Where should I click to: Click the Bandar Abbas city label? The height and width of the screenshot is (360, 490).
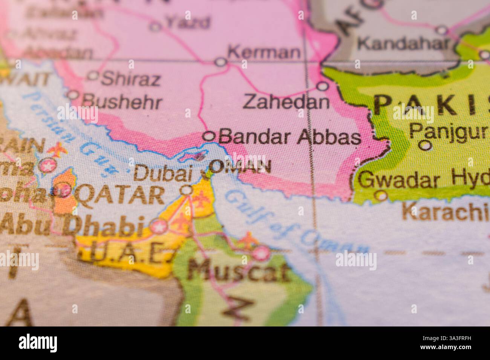[289, 137]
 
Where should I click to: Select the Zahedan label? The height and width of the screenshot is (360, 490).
[286, 102]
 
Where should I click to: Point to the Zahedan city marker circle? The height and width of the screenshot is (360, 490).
[322, 86]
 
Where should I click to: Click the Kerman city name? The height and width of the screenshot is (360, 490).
[264, 52]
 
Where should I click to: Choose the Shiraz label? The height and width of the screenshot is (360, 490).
[131, 79]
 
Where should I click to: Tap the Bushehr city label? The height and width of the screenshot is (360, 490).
[122, 102]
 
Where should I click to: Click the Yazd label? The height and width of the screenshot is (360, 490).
[187, 23]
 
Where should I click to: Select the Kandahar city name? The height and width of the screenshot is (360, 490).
[403, 44]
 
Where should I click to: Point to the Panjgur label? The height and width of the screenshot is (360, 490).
[448, 132]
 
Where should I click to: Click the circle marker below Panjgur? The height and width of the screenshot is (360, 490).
[426, 145]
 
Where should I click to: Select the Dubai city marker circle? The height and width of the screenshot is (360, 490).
[187, 191]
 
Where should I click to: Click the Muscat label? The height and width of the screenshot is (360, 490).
[239, 270]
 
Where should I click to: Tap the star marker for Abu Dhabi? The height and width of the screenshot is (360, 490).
[159, 227]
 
